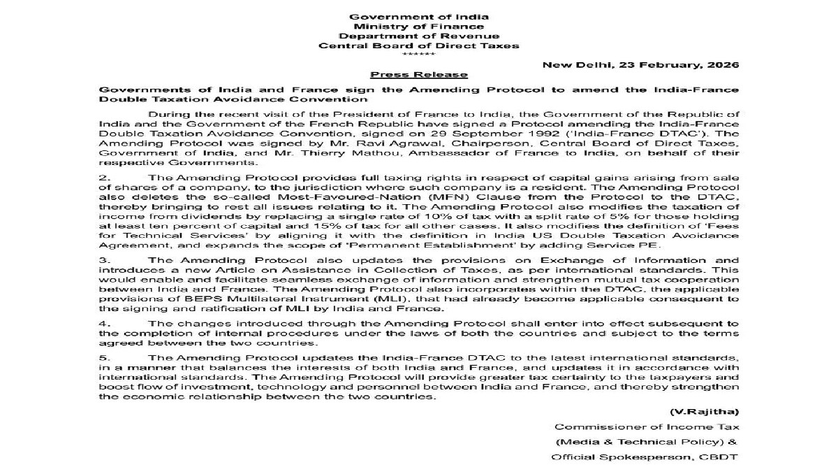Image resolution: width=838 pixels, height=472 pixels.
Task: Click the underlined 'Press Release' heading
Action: pos(419,75)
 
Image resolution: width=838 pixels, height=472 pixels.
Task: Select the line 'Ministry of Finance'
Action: pos(419,26)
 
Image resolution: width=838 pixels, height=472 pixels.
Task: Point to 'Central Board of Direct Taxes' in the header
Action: pos(419,45)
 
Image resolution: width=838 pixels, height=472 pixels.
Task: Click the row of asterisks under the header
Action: pos(419,55)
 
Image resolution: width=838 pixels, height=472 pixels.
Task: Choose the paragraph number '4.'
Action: pos(104,323)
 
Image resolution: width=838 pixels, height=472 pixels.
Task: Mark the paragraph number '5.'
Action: pos(104,358)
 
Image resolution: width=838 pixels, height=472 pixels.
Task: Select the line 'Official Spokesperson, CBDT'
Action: pos(644,457)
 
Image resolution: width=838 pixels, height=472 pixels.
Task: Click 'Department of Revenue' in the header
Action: pos(419,36)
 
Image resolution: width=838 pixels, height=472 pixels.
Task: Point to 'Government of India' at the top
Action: pos(419,16)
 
